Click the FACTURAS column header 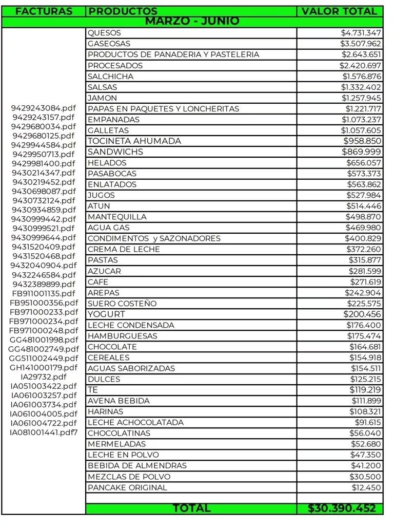click(44, 11)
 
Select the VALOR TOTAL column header click(339, 11)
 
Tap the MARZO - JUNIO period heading click(192, 21)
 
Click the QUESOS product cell click(104, 33)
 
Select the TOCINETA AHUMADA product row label click(134, 141)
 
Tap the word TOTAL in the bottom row click(191, 508)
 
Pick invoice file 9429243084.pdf click(44, 108)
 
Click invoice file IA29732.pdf click(44, 377)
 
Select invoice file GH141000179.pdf click(44, 367)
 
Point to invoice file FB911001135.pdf click(44, 293)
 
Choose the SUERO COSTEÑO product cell click(122, 303)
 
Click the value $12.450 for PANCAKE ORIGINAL click(366, 487)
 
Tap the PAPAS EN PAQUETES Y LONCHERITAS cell click(163, 108)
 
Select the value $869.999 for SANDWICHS click(362, 152)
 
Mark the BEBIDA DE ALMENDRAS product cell click(137, 465)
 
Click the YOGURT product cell click(106, 314)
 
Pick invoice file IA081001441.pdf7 click(44, 432)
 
